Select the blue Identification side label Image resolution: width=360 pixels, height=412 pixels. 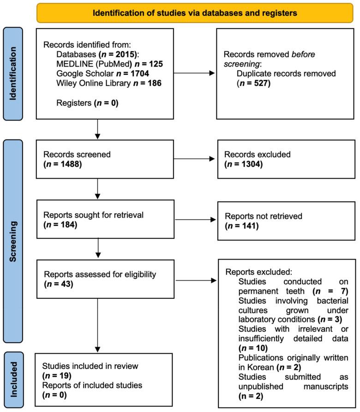[17, 73]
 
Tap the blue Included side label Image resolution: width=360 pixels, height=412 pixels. [17, 373]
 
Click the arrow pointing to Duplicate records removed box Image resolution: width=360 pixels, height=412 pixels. [194, 72]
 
